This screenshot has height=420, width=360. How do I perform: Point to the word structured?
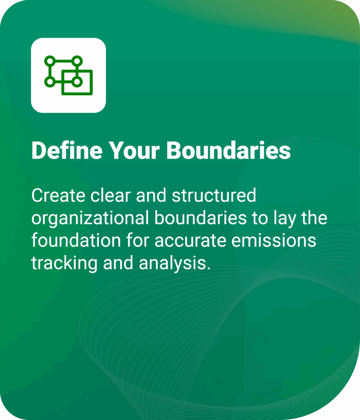coord(214,196)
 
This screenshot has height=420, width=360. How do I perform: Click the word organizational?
coord(90,218)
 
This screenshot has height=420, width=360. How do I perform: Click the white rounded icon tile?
coord(69,75)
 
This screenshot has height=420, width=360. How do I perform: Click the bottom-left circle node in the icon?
coord(50,82)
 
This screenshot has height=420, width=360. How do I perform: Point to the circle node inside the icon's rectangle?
coord(76,82)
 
